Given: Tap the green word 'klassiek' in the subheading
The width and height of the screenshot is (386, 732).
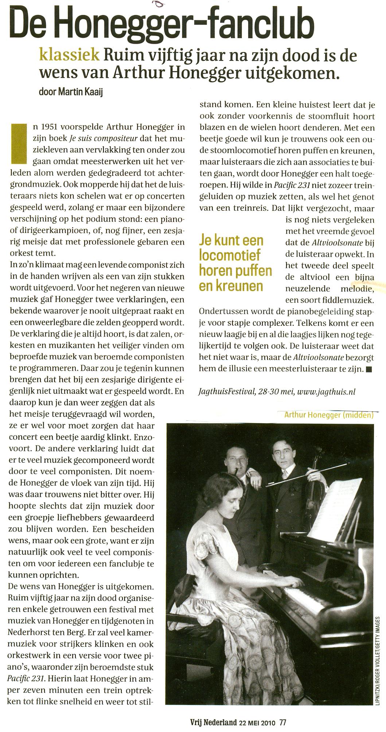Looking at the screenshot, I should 69,55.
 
